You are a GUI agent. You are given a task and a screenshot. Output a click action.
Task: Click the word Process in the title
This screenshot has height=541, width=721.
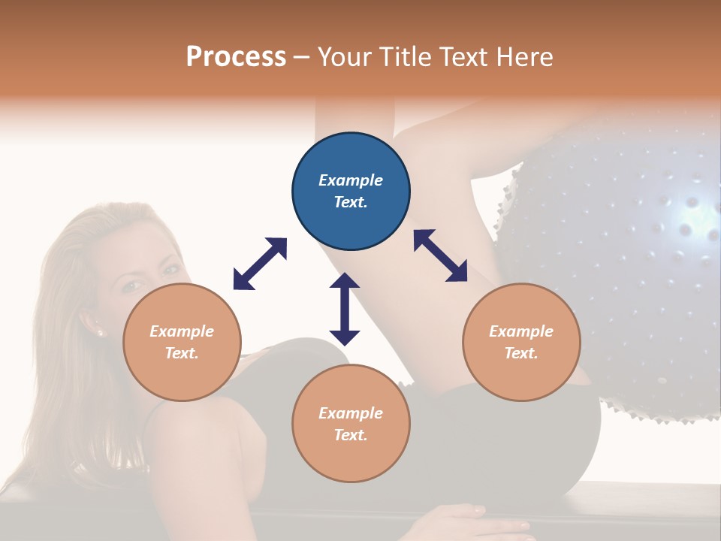tap(236, 57)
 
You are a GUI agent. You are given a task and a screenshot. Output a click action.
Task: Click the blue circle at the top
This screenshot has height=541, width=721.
tap(351, 191)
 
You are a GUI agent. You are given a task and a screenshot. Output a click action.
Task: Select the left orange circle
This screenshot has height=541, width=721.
tap(182, 342)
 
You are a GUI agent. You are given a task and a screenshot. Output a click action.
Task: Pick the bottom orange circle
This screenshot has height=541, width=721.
tap(351, 424)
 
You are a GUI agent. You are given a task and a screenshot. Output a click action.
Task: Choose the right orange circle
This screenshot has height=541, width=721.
tap(521, 342)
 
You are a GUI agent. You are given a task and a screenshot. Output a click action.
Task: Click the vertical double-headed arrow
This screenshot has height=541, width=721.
tap(345, 309)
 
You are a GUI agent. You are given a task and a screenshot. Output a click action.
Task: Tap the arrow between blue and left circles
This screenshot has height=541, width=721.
tap(260, 264)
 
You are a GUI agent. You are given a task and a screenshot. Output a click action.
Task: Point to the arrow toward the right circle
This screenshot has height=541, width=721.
tap(440, 255)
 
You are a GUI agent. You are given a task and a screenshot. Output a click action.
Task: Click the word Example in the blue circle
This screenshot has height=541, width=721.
tap(351, 180)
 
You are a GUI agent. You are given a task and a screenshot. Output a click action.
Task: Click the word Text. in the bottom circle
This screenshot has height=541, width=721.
tap(351, 435)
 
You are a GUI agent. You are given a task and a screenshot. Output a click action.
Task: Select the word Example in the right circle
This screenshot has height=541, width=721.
tap(521, 331)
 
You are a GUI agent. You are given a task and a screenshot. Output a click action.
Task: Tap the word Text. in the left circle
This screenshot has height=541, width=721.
tap(182, 353)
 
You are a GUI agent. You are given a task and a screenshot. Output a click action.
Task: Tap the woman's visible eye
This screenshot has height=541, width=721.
tap(132, 286)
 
